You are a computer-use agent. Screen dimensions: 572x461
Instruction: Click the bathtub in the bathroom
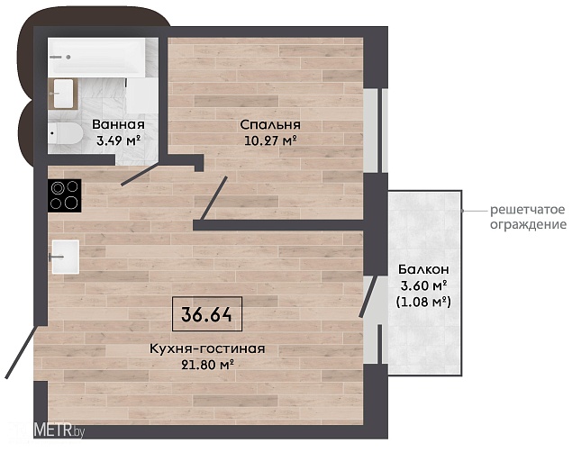tap(97, 58)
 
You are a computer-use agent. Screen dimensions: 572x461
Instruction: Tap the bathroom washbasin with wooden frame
tap(63, 94)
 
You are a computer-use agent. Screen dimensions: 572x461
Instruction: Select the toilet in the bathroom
tap(66, 133)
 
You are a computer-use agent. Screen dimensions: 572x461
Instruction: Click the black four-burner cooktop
tap(64, 195)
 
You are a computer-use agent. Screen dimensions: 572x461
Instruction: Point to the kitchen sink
tap(65, 257)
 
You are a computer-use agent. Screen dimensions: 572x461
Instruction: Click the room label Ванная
tap(118, 124)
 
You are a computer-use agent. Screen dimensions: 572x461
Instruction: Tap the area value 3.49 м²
tap(119, 140)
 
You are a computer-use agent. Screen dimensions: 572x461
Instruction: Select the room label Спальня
tap(270, 125)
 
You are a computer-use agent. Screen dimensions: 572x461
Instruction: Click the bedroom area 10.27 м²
tap(270, 140)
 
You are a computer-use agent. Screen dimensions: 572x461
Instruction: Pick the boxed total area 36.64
tap(207, 314)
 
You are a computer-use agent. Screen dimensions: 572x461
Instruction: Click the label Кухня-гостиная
tap(207, 348)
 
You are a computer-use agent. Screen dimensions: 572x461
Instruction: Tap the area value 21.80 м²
tap(207, 365)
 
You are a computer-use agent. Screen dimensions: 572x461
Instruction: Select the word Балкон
tap(423, 269)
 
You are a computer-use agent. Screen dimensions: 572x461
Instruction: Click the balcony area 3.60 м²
tap(424, 285)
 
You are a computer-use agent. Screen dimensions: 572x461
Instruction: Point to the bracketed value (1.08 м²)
tap(423, 302)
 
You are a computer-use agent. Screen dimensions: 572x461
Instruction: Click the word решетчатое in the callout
tap(528, 210)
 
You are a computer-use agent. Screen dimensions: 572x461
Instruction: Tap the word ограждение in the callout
tap(528, 224)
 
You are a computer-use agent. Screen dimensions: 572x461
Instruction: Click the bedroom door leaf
tap(213, 199)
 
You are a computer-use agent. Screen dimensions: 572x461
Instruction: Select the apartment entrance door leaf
tap(21, 352)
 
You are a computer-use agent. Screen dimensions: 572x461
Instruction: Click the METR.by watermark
tap(59, 432)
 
